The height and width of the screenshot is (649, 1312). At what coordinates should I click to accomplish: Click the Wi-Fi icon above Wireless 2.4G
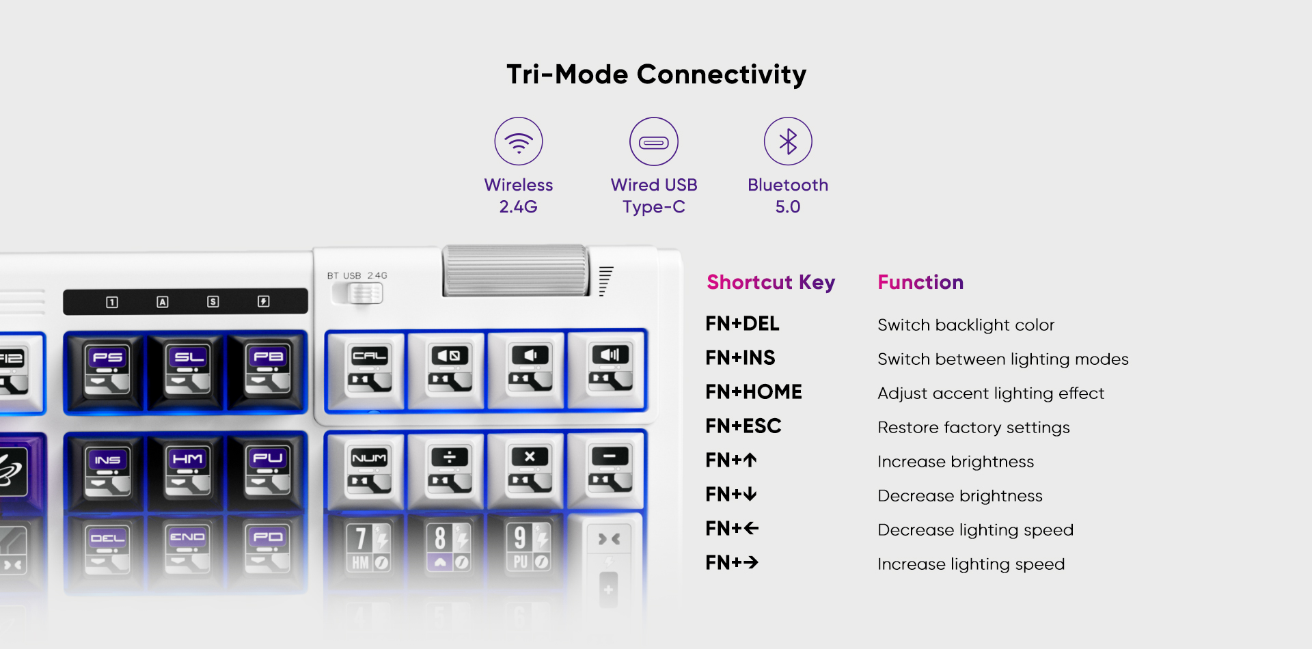click(519, 141)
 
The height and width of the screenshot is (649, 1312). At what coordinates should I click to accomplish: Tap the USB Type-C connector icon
click(654, 142)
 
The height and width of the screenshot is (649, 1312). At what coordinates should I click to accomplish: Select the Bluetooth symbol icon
click(788, 141)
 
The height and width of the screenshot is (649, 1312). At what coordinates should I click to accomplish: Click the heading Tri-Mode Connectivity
click(656, 74)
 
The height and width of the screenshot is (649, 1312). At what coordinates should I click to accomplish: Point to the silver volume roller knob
click(515, 271)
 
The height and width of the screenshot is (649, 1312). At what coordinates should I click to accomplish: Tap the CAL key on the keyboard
click(369, 370)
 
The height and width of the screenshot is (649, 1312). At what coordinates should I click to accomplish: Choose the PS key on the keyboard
click(107, 370)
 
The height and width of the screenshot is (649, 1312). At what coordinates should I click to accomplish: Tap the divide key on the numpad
click(449, 470)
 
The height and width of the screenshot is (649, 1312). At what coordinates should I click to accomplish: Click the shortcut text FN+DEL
click(742, 324)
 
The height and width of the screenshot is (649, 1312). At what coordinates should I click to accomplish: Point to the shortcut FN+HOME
click(753, 392)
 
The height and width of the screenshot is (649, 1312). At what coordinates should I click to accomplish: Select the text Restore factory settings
click(973, 428)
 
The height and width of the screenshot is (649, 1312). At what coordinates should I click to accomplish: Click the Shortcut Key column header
click(771, 282)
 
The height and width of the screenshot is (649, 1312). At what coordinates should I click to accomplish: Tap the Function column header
click(920, 282)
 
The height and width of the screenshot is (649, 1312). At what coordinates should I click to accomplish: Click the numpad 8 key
click(449, 547)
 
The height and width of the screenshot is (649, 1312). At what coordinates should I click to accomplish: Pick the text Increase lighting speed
click(970, 564)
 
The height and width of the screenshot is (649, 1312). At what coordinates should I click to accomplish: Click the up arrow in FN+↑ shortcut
click(750, 460)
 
